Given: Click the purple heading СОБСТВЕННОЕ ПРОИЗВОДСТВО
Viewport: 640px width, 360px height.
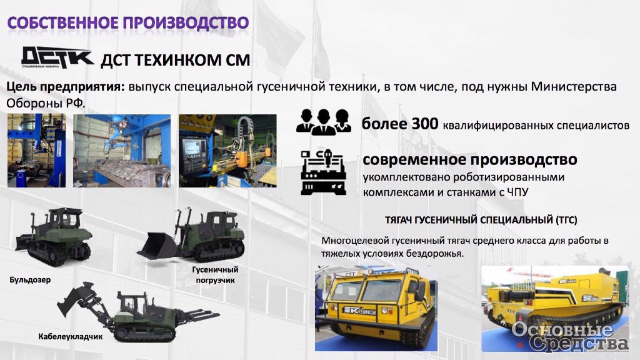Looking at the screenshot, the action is click(127, 23).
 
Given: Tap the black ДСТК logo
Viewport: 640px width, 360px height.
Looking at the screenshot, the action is click(57, 57).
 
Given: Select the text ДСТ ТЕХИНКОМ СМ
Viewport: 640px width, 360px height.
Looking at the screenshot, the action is click(175, 60).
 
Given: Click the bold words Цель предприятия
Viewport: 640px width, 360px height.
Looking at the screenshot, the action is click(65, 87).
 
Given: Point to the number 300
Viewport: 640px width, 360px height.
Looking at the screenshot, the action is click(424, 124).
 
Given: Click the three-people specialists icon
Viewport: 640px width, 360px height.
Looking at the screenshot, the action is click(324, 122).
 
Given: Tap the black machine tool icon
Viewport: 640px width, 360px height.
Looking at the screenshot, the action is click(323, 172).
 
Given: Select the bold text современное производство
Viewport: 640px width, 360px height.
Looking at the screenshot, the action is click(470, 159).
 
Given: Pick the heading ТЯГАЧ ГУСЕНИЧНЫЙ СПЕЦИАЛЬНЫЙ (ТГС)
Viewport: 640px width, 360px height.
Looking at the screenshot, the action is click(481, 220).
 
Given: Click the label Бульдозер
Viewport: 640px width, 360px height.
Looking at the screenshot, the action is click(30, 280).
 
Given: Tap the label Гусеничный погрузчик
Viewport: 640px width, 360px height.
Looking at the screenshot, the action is click(215, 275).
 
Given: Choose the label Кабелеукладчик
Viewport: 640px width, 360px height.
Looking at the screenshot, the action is click(70, 337).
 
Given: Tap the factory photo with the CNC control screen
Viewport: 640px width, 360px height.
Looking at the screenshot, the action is click(227, 151).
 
